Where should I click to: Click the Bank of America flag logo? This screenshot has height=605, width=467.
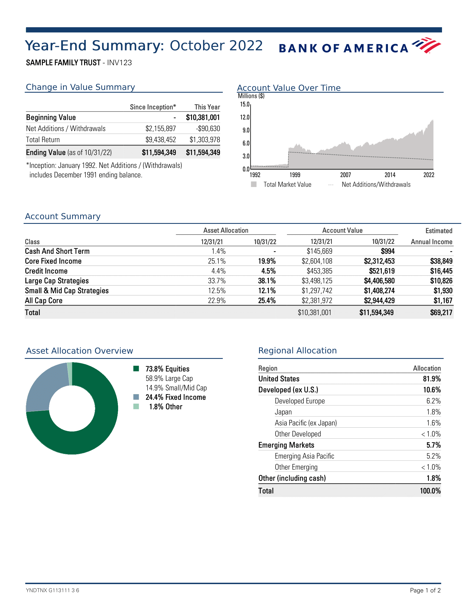click(426, 45)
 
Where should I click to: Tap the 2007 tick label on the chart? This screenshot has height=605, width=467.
click(346, 175)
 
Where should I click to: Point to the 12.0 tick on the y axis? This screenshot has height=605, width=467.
click(244, 117)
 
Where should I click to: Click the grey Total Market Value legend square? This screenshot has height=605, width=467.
click(254, 184)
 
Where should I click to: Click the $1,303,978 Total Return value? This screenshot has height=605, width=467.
click(205, 140)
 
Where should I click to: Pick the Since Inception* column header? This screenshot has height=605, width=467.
click(153, 107)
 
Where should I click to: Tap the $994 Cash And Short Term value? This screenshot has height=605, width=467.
click(388, 251)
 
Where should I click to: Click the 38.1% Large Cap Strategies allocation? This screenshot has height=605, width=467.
click(267, 281)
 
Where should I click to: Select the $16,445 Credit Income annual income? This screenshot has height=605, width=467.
click(441, 271)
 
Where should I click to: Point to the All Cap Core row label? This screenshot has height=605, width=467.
click(44, 301)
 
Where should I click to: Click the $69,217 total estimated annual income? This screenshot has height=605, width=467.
click(441, 313)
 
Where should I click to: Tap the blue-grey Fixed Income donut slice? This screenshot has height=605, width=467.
click(45, 388)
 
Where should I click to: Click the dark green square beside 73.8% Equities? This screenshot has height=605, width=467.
click(136, 369)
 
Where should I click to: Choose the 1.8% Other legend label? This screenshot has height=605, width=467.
click(166, 407)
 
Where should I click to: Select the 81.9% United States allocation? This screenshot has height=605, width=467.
click(432, 379)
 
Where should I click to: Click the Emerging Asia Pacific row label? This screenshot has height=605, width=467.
click(304, 456)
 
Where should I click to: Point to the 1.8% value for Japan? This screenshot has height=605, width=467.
click(433, 412)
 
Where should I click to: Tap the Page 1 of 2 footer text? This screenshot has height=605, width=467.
click(425, 590)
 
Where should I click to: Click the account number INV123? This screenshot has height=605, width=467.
click(119, 63)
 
